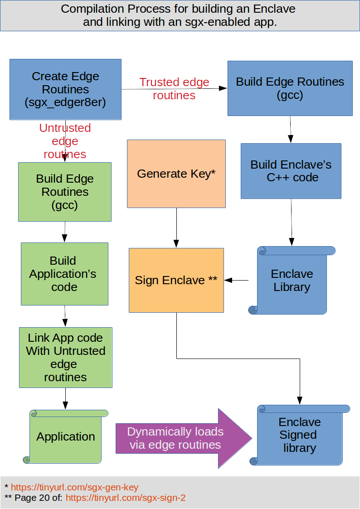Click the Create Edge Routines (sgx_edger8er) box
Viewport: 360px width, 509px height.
(65, 89)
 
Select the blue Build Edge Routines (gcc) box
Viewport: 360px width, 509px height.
(290, 88)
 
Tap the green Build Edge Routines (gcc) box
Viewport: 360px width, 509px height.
(65, 192)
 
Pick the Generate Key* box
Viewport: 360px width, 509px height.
(176, 174)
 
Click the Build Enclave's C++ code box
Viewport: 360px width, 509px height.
(291, 171)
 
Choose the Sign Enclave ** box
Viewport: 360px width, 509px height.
(176, 280)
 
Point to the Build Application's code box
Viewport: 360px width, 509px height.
(64, 274)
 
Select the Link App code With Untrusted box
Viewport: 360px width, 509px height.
(65, 357)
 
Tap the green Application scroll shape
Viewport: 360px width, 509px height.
(66, 436)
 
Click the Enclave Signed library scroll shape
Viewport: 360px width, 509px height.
(299, 435)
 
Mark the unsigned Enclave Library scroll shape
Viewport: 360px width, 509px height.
(292, 281)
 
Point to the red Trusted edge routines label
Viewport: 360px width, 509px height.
(174, 89)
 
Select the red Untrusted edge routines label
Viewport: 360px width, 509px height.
(65, 141)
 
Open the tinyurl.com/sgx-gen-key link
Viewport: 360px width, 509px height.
(74, 487)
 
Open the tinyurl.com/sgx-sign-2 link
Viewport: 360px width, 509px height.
(126, 498)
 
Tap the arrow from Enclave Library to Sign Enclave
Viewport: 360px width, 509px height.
(237, 281)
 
